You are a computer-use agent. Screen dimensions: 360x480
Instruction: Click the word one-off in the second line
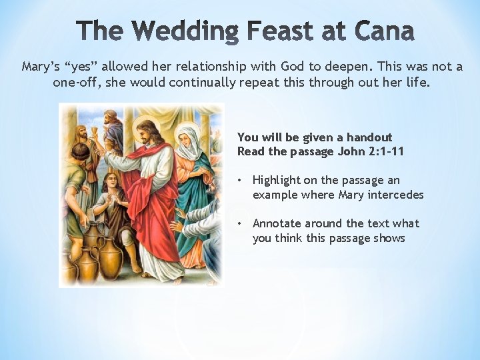(x=75, y=83)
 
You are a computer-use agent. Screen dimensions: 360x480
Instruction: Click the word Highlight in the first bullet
(x=277, y=181)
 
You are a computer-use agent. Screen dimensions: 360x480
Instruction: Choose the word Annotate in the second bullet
(x=277, y=223)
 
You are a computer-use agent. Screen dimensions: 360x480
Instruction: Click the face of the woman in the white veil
(x=189, y=136)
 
